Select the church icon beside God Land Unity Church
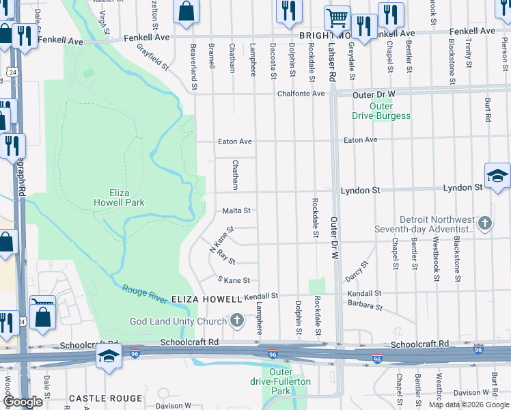(x=237, y=320)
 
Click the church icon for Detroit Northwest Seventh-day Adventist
(x=484, y=223)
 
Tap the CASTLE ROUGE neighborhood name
(x=106, y=398)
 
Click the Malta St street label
(x=237, y=211)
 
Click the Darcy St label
(x=357, y=269)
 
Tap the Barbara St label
(x=365, y=304)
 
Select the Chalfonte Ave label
(x=309, y=94)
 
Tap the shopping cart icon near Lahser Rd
(x=336, y=18)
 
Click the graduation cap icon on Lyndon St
(x=497, y=176)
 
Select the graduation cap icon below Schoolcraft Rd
(x=109, y=357)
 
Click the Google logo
(x=22, y=402)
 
